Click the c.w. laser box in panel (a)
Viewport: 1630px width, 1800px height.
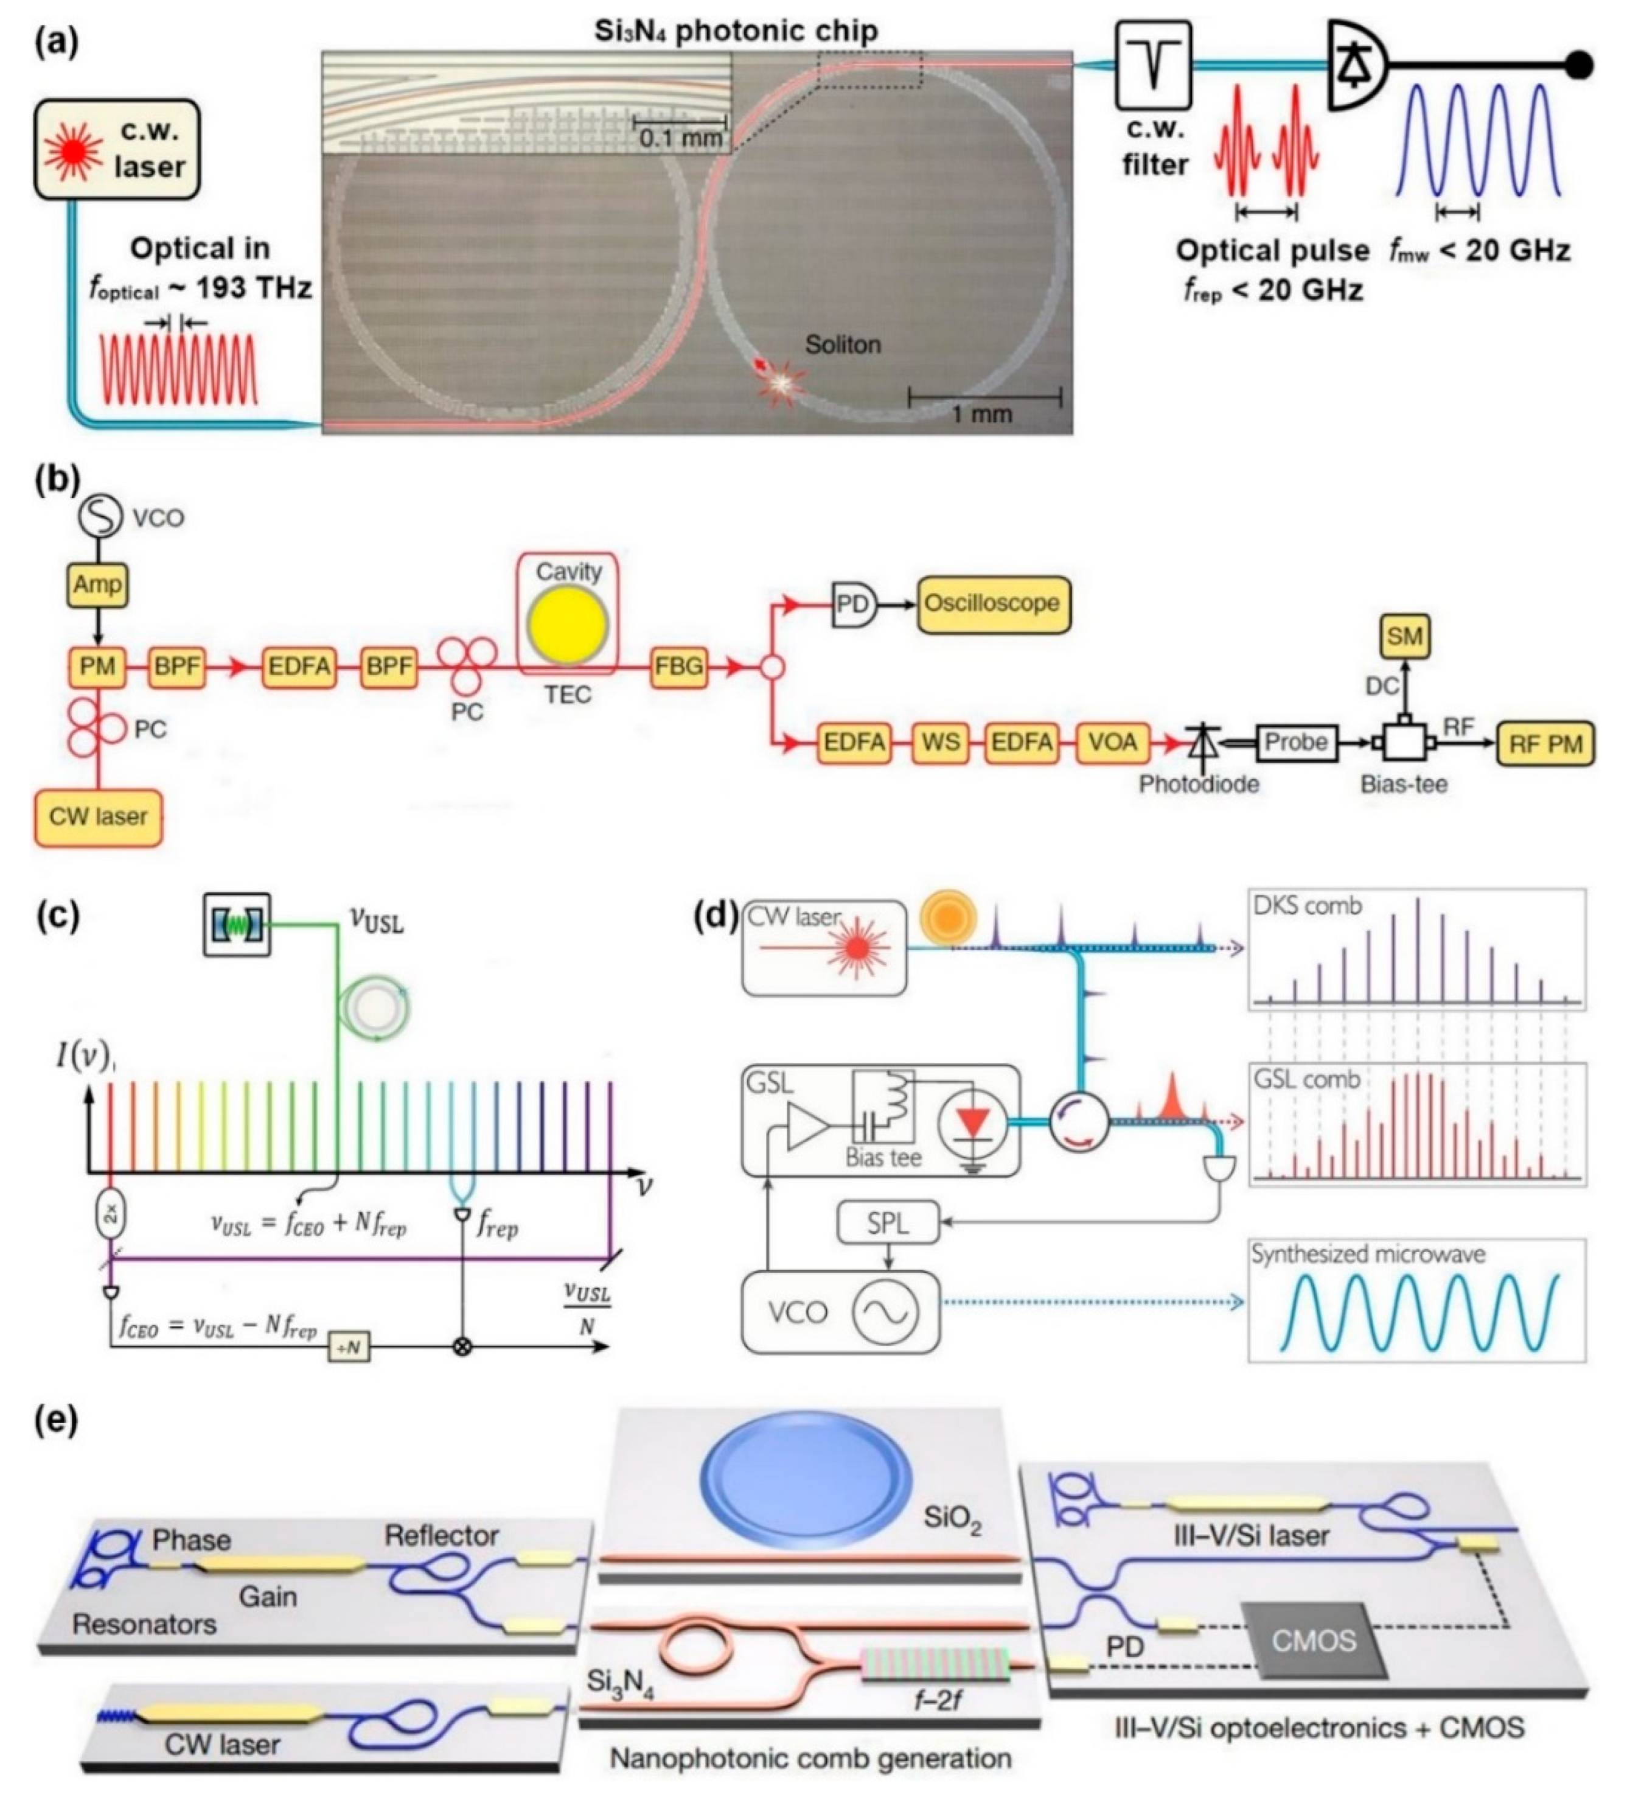[x=116, y=149]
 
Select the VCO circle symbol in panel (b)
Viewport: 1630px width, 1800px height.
[x=100, y=516]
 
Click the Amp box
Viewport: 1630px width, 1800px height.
[x=97, y=585]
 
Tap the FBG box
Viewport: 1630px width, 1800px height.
[x=678, y=666]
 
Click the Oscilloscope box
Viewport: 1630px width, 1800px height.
[x=992, y=604]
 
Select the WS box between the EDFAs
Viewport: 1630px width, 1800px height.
[x=940, y=743]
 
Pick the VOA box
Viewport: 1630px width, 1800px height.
[x=1112, y=743]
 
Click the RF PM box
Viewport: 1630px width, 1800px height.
[x=1544, y=744]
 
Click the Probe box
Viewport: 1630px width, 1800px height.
[x=1295, y=742]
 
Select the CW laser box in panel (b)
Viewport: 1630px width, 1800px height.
[x=98, y=816]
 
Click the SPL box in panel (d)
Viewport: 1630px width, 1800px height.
[x=887, y=1223]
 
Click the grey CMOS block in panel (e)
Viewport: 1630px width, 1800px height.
[x=1312, y=1639]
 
